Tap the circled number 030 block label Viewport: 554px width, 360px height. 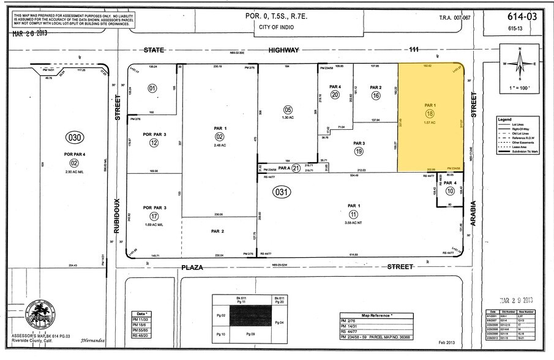point(73,138)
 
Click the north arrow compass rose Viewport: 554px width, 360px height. point(520,64)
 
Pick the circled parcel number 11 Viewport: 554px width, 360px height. point(353,214)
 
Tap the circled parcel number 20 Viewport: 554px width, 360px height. point(335,95)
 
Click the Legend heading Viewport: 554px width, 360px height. point(504,118)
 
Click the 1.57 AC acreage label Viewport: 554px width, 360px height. point(429,123)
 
